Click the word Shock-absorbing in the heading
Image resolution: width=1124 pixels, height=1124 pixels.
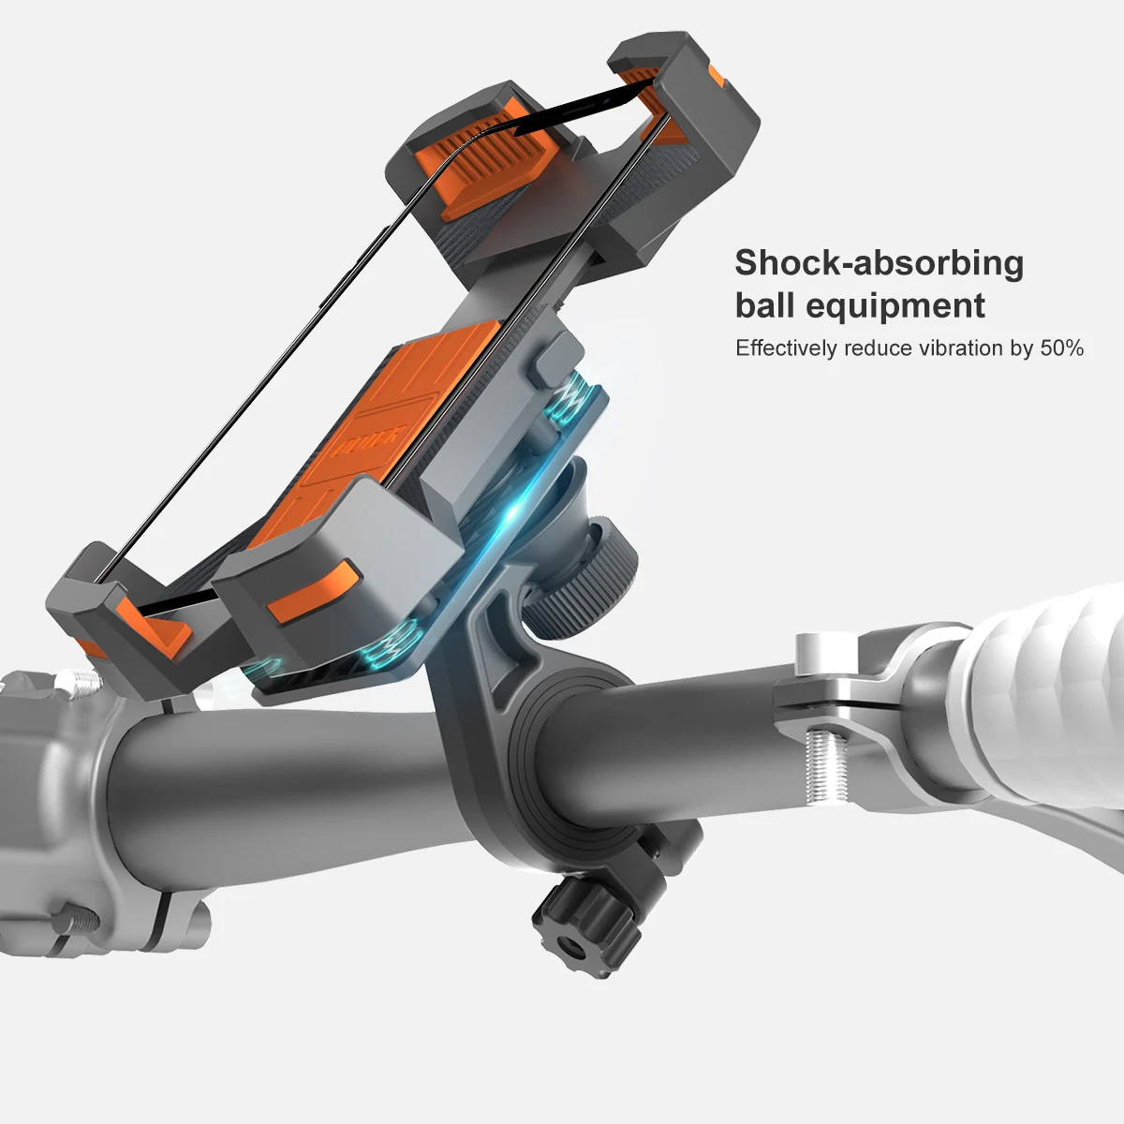point(879,264)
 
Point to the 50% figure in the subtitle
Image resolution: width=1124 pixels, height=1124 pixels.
point(1061,348)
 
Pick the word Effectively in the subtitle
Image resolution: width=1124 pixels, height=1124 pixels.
point(785,348)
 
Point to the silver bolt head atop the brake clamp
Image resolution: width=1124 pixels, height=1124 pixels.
point(813,649)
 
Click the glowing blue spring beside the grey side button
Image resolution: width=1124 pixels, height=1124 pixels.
point(568,402)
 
